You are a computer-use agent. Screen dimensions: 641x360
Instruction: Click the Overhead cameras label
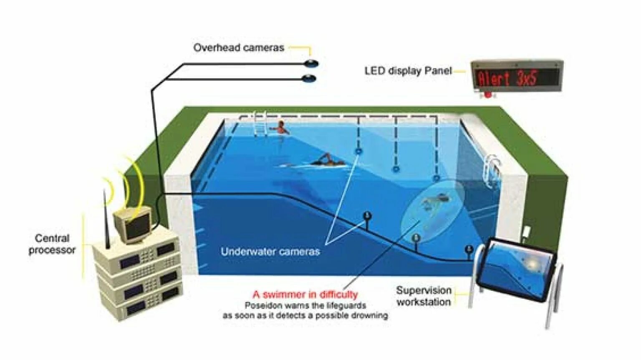click(238, 48)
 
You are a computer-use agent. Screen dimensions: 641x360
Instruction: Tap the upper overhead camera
click(311, 64)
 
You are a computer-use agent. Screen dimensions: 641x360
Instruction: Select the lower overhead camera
click(309, 78)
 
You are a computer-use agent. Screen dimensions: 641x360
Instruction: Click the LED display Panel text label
click(408, 71)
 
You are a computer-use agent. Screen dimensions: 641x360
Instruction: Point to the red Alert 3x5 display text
click(507, 78)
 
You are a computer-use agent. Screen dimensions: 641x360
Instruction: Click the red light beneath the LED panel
click(487, 95)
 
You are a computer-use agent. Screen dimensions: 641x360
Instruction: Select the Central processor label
click(52, 244)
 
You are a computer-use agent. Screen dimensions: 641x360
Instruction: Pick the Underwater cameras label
click(270, 252)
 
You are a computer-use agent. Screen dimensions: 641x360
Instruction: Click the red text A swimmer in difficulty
click(305, 295)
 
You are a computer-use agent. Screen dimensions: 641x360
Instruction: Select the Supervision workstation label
click(424, 296)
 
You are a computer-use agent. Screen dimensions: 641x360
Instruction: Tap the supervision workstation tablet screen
click(516, 269)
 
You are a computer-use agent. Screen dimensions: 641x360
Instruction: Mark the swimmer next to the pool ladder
click(281, 128)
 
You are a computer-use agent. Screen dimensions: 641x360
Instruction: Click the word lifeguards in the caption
click(346, 305)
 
